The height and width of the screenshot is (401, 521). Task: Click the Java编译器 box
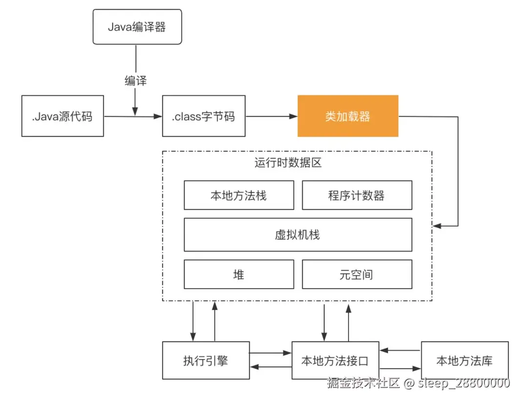coord(137,26)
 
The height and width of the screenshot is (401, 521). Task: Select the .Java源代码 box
coord(63,116)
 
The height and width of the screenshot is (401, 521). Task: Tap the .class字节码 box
coord(204,116)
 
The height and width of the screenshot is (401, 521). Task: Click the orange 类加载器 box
coord(348,116)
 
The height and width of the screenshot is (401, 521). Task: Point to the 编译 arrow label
coord(135,81)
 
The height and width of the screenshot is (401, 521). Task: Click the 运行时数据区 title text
coord(288,163)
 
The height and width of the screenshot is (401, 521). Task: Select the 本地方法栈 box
coord(239,195)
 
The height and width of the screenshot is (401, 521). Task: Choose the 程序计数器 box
coord(357,195)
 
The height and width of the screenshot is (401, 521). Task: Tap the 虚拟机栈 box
coord(298,235)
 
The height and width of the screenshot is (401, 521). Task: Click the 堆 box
coord(239,274)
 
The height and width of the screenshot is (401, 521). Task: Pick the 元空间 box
coord(357,274)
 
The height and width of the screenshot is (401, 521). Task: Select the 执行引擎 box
coord(206,360)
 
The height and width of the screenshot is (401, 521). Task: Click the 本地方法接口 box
coord(335,360)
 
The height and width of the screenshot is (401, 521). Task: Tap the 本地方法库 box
coord(464,360)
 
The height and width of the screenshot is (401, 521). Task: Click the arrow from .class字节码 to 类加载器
coord(271,116)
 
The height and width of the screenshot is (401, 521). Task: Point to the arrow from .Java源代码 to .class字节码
coord(133,116)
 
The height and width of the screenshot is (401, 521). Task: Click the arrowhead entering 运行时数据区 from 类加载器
coord(437,226)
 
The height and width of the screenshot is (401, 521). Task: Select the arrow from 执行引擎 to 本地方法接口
coord(270,353)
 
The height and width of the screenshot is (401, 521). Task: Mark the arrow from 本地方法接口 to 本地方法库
coord(400,368)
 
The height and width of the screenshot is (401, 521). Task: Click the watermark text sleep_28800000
coord(464,383)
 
